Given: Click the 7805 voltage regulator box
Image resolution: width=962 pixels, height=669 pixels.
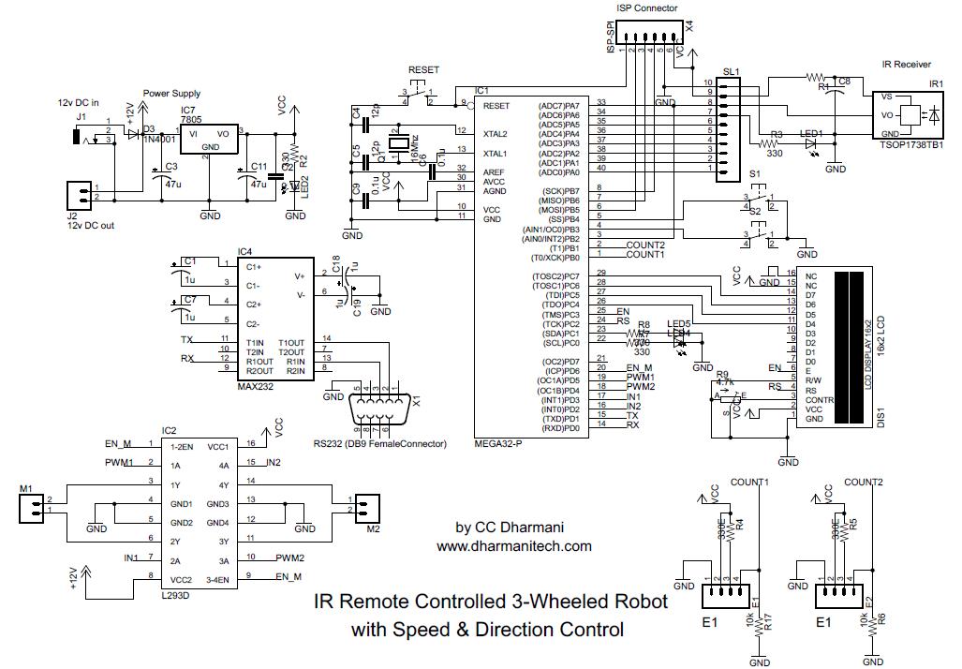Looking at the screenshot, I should click(211, 141).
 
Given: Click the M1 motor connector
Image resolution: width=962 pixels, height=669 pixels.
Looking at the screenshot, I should click(33, 508).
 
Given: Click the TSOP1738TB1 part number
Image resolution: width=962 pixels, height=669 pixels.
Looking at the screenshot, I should click(911, 146).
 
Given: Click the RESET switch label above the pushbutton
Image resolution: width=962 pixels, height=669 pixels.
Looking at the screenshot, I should click(424, 71).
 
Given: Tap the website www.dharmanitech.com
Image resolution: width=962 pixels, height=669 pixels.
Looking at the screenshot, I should click(513, 545).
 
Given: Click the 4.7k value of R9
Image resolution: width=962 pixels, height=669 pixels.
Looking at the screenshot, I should click(723, 382).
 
